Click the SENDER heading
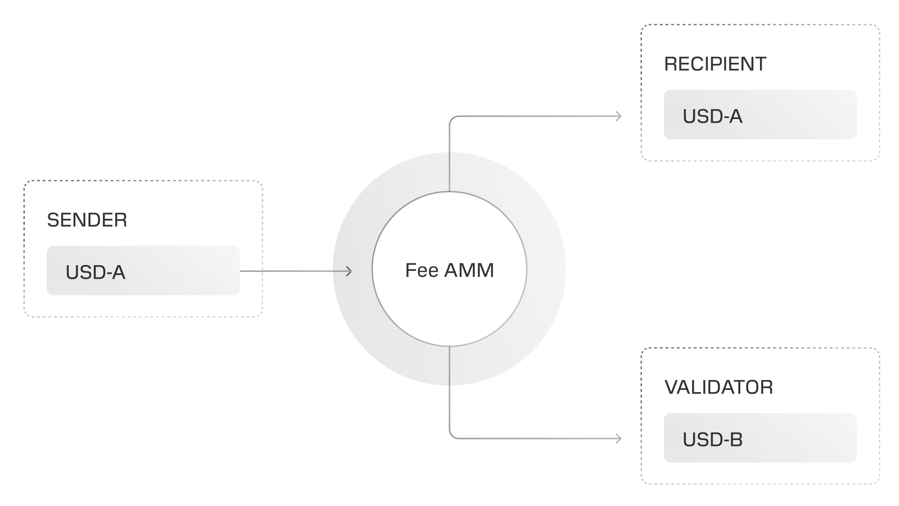[87, 220]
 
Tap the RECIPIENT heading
[715, 64]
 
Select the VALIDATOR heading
[718, 387]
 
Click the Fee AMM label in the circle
[449, 270]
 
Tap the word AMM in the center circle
[469, 270]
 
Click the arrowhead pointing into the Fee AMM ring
[349, 271]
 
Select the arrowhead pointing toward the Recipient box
[619, 116]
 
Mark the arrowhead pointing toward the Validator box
[619, 439]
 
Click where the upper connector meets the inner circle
[449, 192]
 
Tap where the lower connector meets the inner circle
[449, 346]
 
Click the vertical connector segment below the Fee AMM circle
[449, 394]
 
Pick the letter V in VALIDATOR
[671, 387]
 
